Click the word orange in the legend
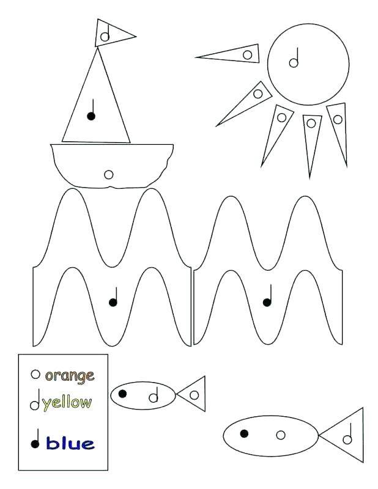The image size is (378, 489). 70,376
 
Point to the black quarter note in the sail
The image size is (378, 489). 92,110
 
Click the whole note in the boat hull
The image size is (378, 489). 109,175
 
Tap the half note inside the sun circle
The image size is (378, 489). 294,57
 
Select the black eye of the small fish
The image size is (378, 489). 123,394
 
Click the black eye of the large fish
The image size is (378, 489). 244,433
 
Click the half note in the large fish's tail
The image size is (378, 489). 347,433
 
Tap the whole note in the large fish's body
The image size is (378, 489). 281,435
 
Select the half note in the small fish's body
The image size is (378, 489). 154,394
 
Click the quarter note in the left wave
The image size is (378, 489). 114,296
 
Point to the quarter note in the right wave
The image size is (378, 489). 268,295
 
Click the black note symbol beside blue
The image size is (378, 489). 35,439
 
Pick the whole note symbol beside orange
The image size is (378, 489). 35,374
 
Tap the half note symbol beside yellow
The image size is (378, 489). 35,399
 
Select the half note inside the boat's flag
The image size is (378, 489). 105,32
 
